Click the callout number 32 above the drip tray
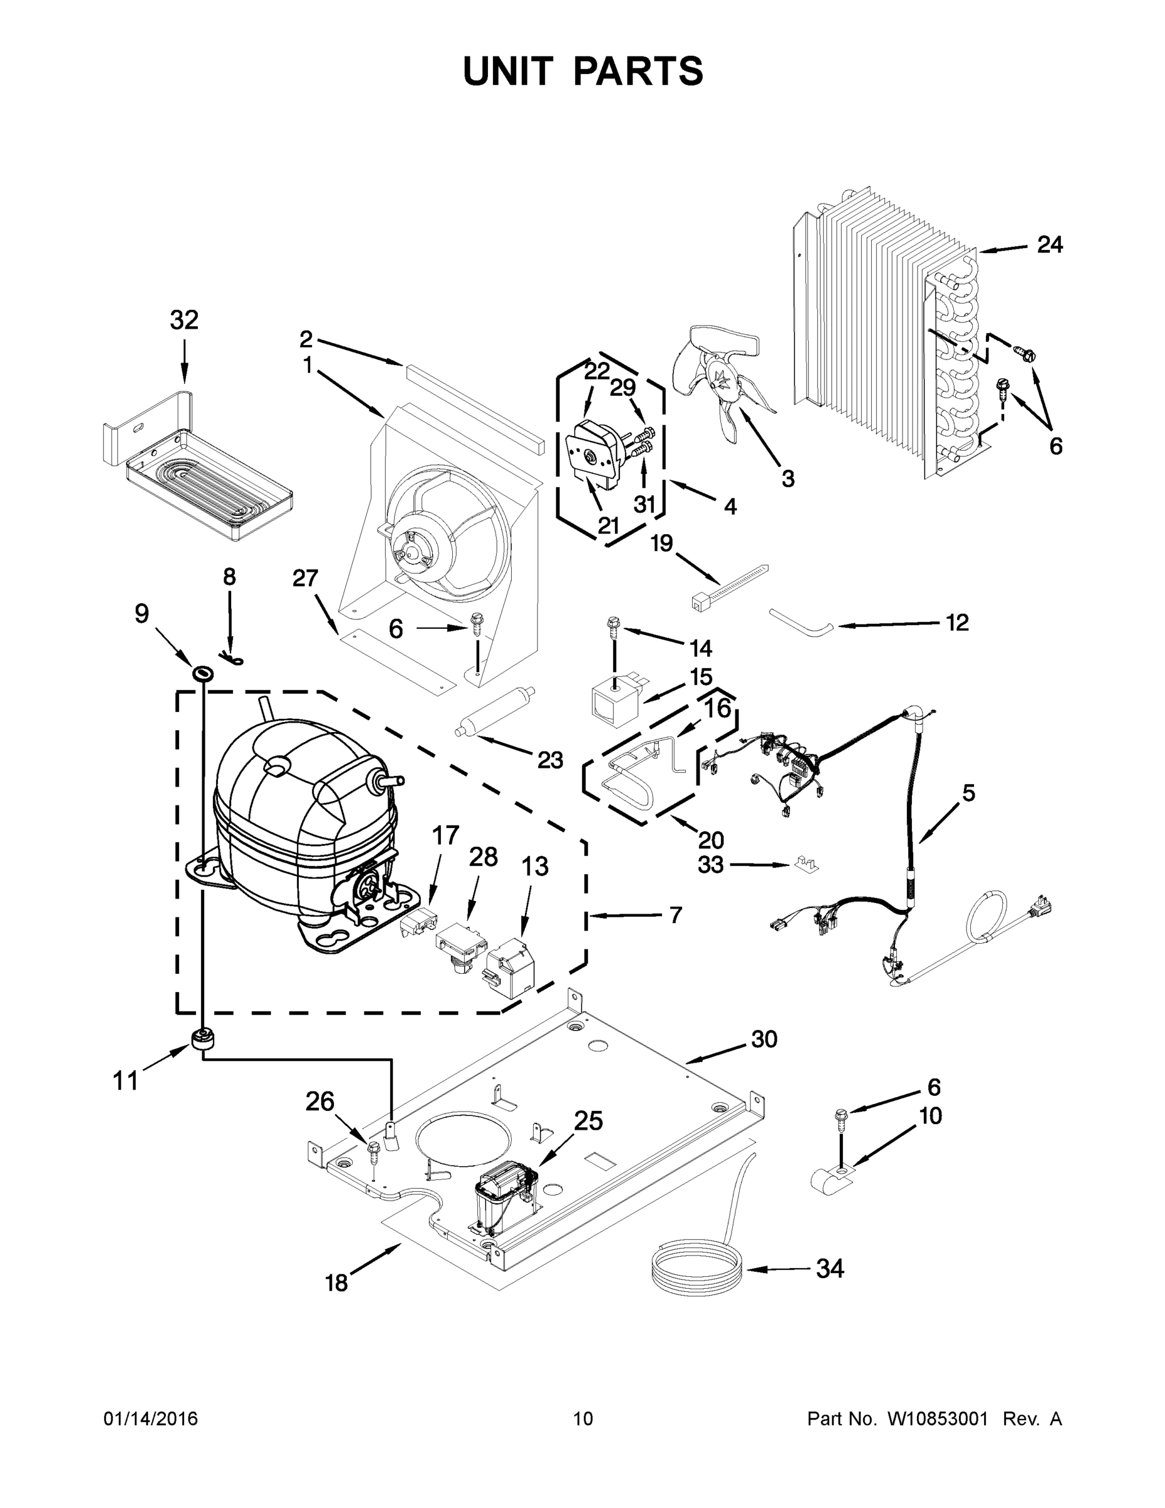[x=184, y=320]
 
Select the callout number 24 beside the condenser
[x=1049, y=244]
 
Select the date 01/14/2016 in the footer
[x=151, y=1418]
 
